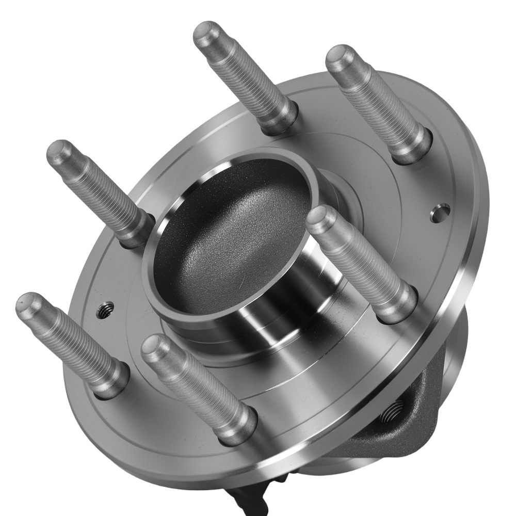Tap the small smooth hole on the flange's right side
point(439,211)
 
